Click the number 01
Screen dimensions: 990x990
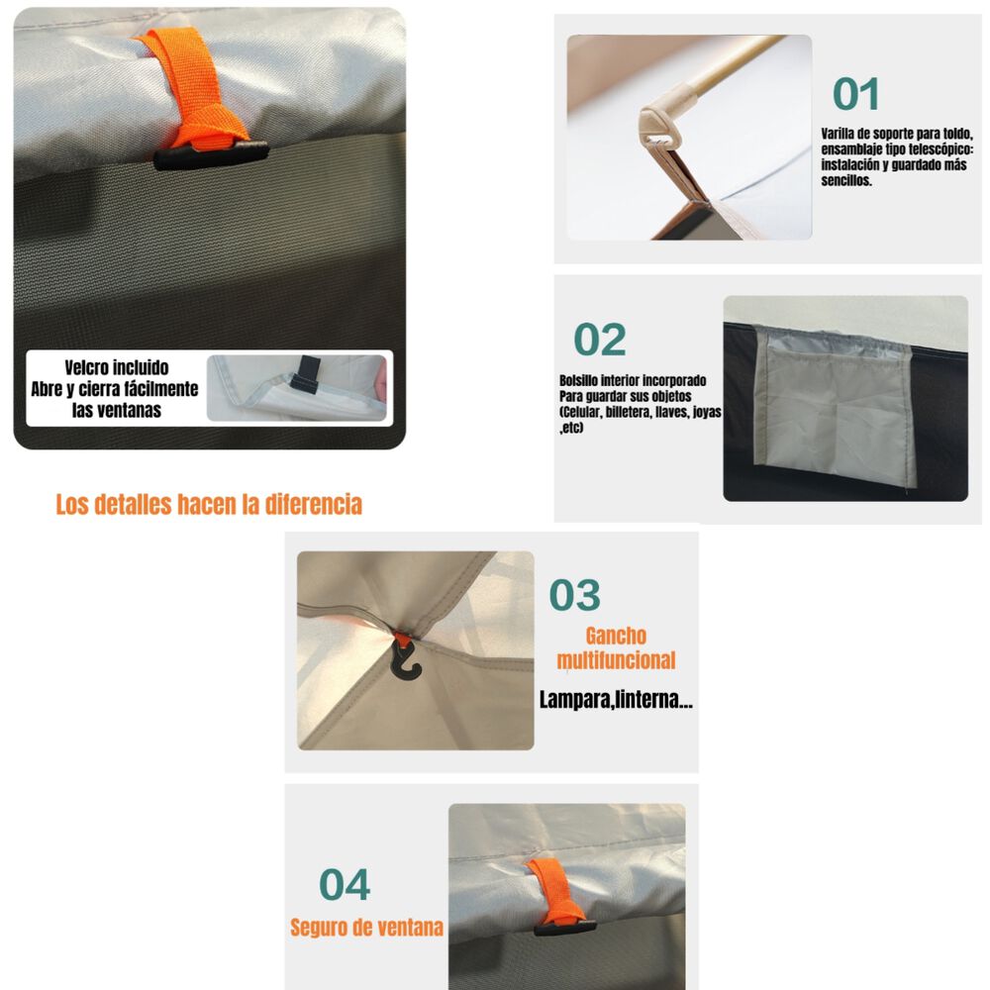coord(856,94)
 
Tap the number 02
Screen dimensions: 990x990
coord(600,340)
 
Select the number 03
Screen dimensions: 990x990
coord(575,596)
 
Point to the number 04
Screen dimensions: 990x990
coord(345,884)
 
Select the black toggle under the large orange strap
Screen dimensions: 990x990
coord(211,154)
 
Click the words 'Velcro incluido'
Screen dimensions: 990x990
coord(117,368)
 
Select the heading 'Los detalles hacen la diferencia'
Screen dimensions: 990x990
coord(209,504)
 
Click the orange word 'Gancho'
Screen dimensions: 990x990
coord(615,636)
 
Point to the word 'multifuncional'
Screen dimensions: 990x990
coord(616,660)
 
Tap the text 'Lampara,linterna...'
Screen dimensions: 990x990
coord(616,700)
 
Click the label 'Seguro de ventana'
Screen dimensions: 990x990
coord(366,929)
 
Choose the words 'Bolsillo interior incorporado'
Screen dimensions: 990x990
coord(633,380)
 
